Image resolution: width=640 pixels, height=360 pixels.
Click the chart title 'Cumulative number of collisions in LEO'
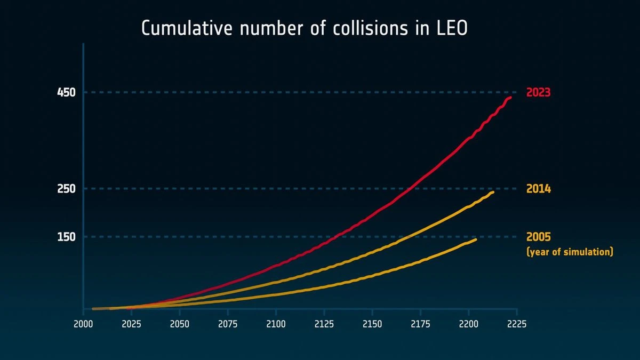point(304,28)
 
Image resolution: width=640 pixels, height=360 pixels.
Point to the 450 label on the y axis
point(66,93)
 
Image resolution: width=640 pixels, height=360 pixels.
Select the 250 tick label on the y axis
point(66,189)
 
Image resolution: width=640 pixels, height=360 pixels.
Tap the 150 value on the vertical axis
point(66,237)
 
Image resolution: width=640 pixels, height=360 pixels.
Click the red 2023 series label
point(538,93)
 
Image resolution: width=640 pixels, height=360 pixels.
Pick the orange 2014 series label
point(538,189)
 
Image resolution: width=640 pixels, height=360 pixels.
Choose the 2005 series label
point(538,237)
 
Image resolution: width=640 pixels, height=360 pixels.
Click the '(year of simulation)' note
point(570,252)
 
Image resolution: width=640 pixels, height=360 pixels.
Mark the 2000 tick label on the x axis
point(83,324)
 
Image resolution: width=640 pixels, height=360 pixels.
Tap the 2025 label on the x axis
point(131,324)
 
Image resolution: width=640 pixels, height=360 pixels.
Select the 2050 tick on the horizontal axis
point(180,324)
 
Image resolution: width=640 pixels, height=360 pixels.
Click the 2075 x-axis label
point(228,324)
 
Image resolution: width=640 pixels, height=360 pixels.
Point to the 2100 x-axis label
point(276,324)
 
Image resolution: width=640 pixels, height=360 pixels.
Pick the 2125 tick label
point(324,324)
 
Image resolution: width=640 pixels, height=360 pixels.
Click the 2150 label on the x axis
point(372,324)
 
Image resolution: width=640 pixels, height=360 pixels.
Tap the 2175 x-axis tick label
point(420,324)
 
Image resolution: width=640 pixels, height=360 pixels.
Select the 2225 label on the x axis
point(516,324)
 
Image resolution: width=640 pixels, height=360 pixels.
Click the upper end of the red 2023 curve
point(510,98)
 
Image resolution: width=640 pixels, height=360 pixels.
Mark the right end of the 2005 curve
point(476,239)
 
